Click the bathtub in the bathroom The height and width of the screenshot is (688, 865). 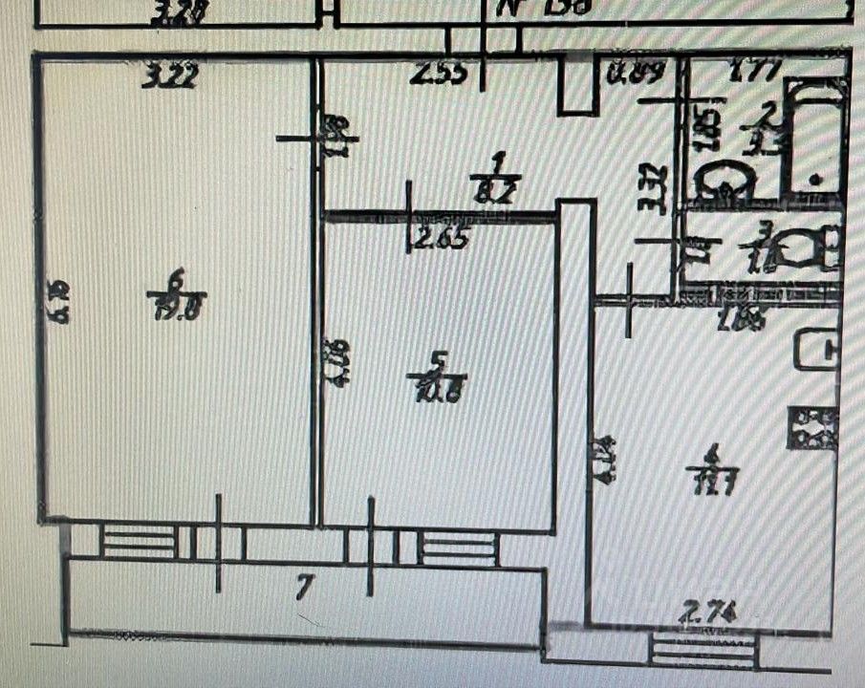pos(814,136)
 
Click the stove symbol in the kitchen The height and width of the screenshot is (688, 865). pos(812,426)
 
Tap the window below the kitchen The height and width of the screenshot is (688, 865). pos(702,652)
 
